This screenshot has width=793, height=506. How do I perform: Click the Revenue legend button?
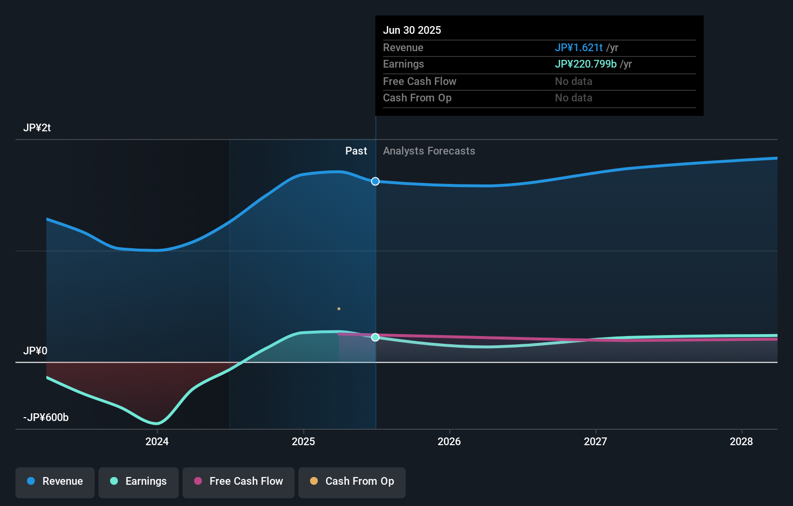[x=55, y=482]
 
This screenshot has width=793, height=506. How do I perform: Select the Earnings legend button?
[x=139, y=482]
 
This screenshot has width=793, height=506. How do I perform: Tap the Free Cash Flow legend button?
[x=239, y=482]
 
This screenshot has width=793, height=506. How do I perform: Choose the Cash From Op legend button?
[x=352, y=482]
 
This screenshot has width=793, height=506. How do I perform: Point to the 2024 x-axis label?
[x=157, y=441]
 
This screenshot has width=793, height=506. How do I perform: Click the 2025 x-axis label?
[x=303, y=441]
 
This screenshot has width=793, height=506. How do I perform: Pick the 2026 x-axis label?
[x=449, y=441]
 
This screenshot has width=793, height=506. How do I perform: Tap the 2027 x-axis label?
[x=595, y=441]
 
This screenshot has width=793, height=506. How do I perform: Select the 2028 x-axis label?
[x=741, y=441]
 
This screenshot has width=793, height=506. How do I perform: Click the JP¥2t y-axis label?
[x=37, y=128]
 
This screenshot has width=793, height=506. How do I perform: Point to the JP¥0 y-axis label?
[x=35, y=351]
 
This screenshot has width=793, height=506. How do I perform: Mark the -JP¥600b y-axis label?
[x=46, y=418]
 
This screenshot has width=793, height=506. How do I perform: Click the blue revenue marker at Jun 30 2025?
[x=375, y=182]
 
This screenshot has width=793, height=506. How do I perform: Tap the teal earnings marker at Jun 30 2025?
[x=375, y=337]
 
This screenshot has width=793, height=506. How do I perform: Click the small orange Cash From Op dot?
[x=339, y=309]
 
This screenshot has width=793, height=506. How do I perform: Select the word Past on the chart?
[x=356, y=151]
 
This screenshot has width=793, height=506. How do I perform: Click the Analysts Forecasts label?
[x=429, y=151]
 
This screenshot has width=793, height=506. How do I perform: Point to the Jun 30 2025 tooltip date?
[x=412, y=30]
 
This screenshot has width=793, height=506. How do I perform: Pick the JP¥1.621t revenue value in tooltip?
[x=579, y=48]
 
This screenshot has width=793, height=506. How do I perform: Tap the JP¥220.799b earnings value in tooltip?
[x=585, y=64]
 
